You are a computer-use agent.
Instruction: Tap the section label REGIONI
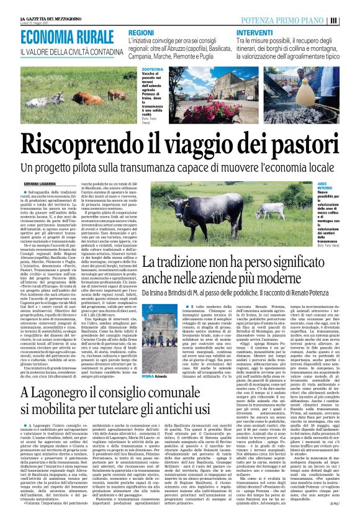pos(142,31)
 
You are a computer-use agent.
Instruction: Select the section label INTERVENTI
pos(255,31)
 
